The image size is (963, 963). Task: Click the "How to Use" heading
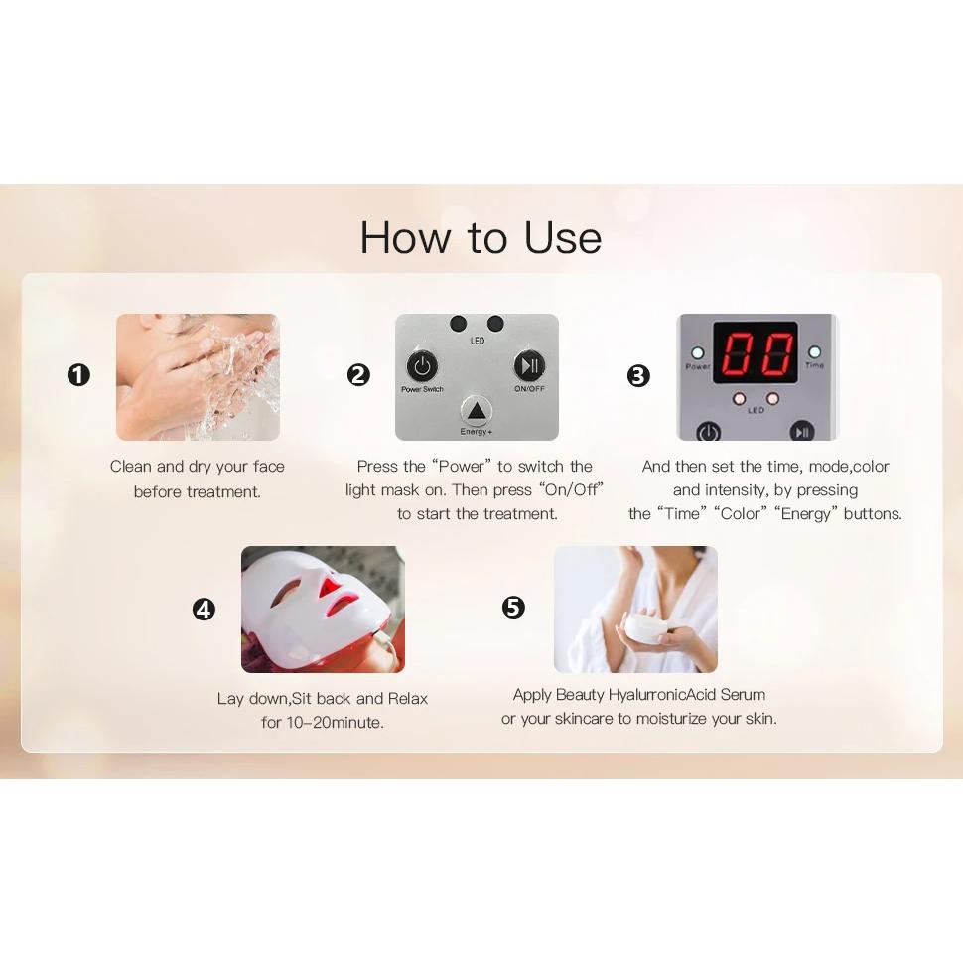coord(481,237)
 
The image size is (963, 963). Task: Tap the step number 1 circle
coord(78,374)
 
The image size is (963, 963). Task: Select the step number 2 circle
coord(358,374)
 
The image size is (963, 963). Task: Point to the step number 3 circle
coord(638,375)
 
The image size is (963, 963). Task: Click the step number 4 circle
coord(204,610)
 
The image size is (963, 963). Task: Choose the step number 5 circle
coord(513,608)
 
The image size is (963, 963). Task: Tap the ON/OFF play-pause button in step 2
coord(529,366)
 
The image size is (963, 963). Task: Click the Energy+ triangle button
coord(476,410)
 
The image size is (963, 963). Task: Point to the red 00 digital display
coord(755,353)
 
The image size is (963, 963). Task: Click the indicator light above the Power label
coord(698,353)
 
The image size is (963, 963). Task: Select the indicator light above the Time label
coord(814,352)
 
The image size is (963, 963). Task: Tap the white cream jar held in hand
coord(644,628)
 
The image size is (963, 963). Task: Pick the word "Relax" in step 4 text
coord(408,698)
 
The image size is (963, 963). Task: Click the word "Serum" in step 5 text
coord(743,695)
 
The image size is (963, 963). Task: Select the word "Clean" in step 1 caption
coord(131,467)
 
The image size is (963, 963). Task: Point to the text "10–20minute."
coord(335,723)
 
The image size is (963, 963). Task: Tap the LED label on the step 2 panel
coord(478,341)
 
